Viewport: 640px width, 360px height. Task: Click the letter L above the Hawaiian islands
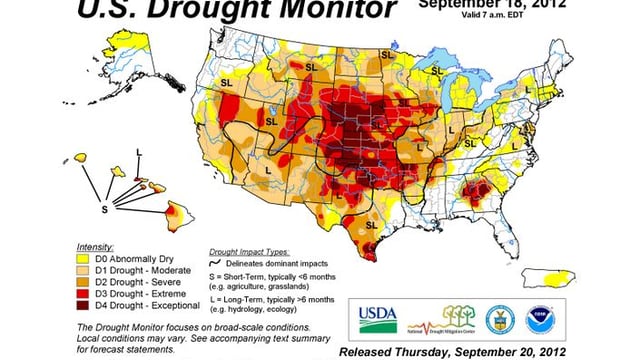pos(138,153)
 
